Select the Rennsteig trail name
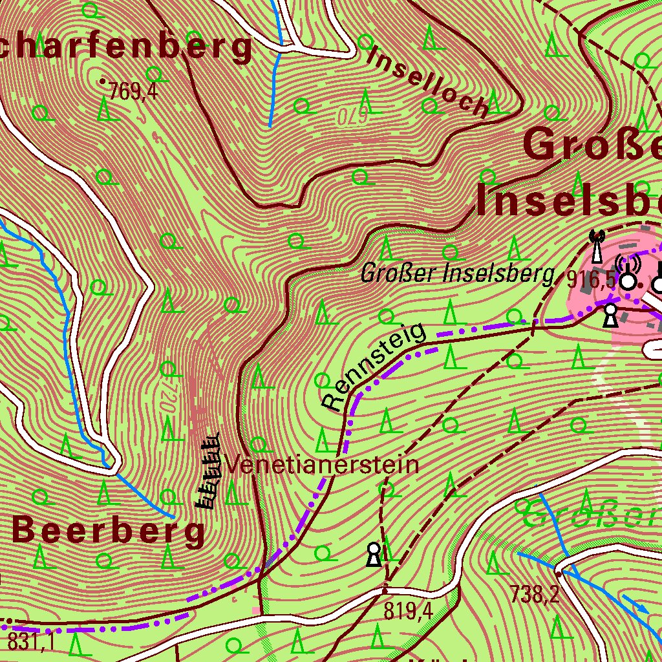[x=375, y=367]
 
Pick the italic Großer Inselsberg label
[x=458, y=275]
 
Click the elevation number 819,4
[x=408, y=610]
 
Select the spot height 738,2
[x=535, y=593]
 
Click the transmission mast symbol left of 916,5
[x=597, y=246]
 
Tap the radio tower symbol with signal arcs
[x=628, y=272]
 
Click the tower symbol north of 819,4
[x=374, y=555]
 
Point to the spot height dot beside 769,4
[x=102, y=82]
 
